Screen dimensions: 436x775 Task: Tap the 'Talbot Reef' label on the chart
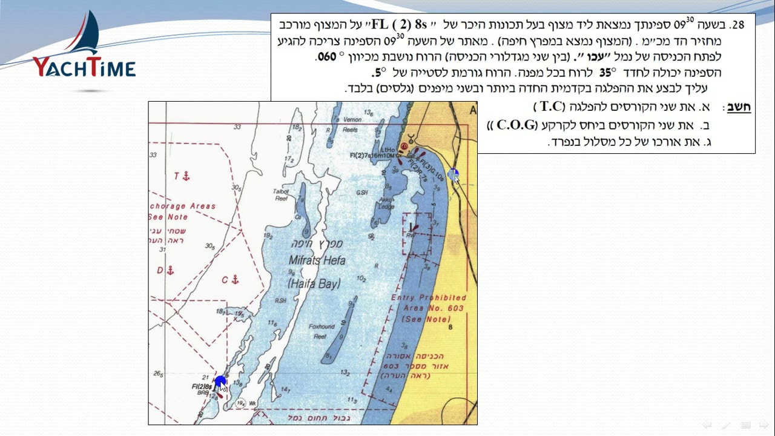[x=280, y=194]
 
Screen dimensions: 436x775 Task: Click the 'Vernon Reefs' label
[x=352, y=124]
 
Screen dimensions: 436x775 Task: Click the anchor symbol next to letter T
[x=186, y=176]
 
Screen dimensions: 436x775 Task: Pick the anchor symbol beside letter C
[x=236, y=280]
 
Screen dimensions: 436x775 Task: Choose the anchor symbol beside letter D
[x=171, y=270]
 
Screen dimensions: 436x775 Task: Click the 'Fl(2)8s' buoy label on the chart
[x=202, y=386]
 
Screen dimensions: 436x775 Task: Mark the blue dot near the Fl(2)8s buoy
[x=220, y=381]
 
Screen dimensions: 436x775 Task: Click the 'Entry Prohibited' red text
[x=429, y=297]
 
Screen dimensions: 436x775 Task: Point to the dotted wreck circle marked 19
[x=240, y=403]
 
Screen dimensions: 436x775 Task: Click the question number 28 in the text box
[x=737, y=25]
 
